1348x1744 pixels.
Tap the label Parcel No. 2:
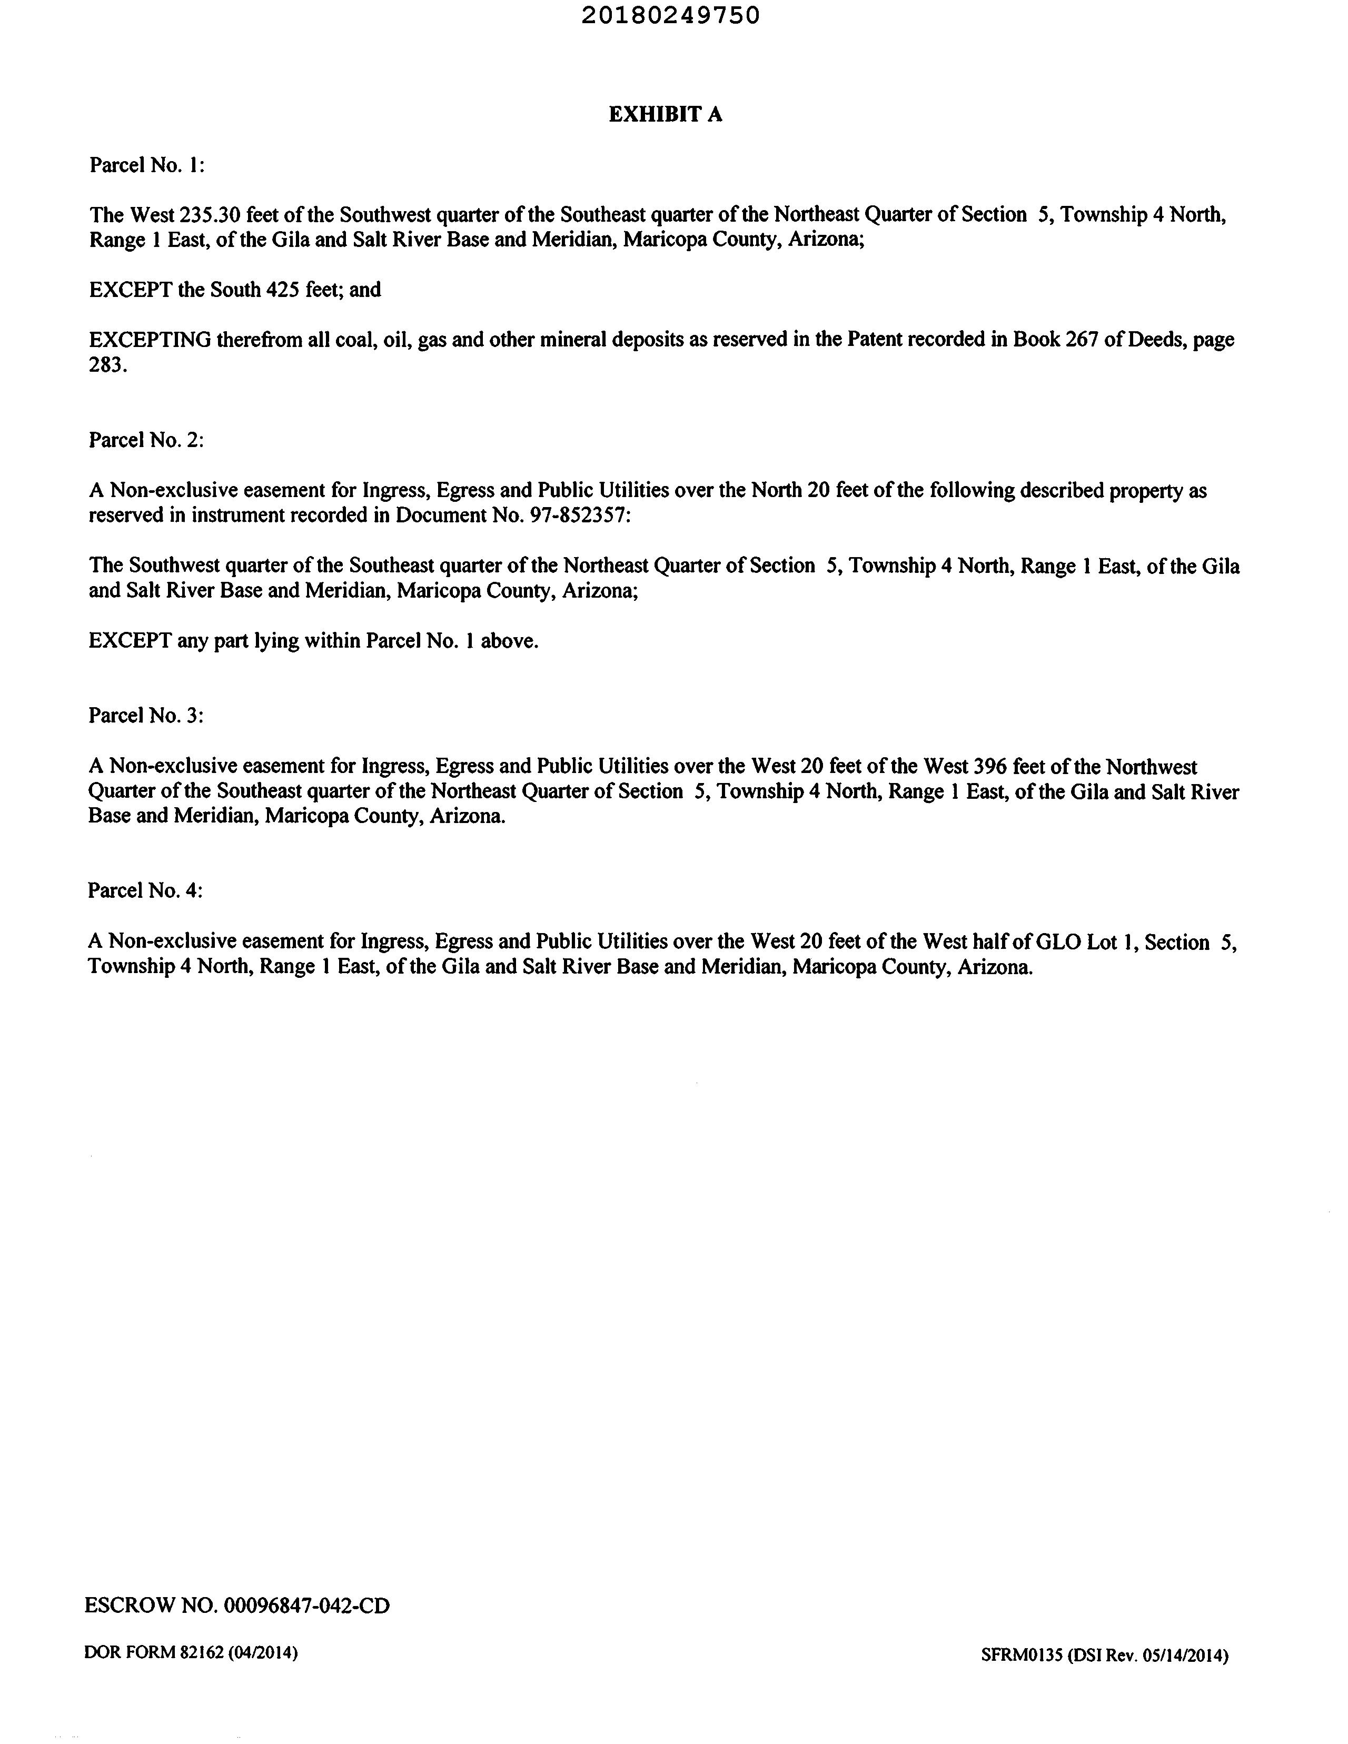(146, 440)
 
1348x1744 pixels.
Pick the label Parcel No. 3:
(146, 716)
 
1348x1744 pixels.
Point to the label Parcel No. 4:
(145, 890)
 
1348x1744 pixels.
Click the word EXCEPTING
(150, 340)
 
